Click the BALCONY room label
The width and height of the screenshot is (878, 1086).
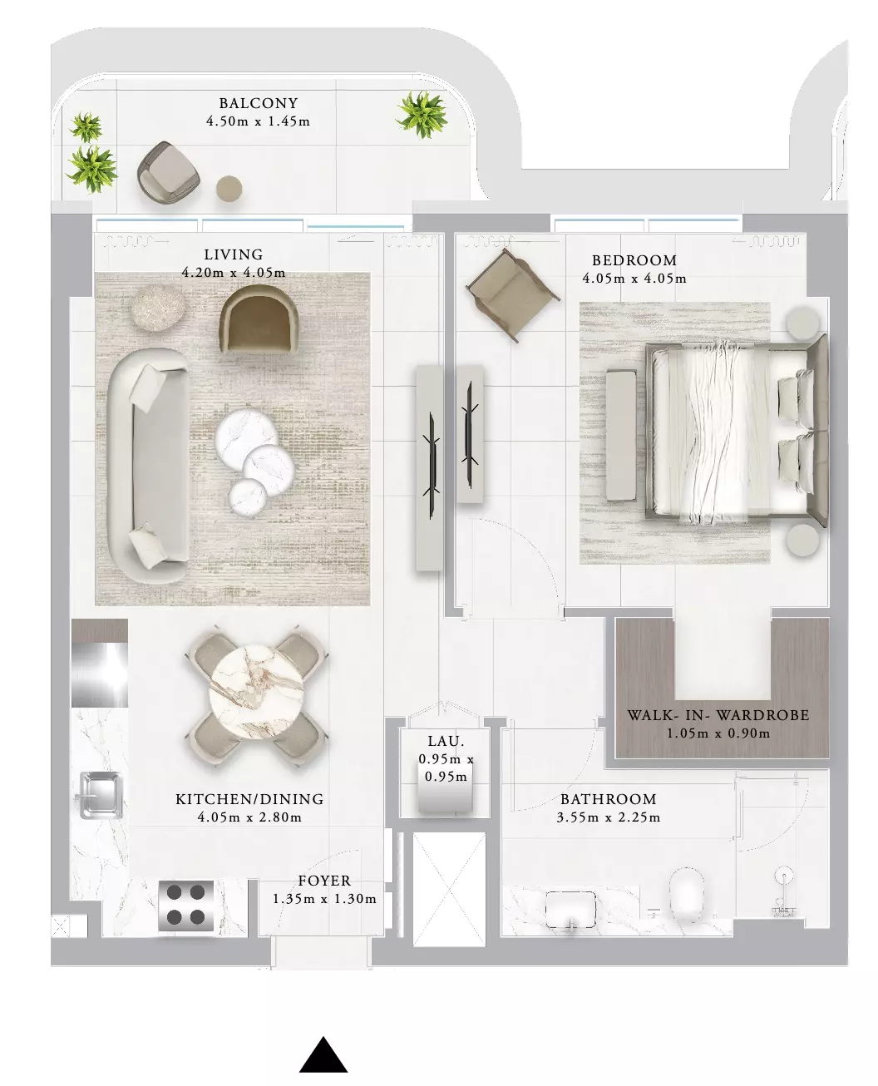pyautogui.click(x=258, y=103)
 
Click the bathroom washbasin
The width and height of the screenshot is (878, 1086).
pyautogui.click(x=570, y=910)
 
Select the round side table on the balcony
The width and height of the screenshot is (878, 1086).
pyautogui.click(x=229, y=188)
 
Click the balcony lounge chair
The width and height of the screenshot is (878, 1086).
pyautogui.click(x=168, y=172)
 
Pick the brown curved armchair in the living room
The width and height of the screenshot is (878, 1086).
pyautogui.click(x=259, y=318)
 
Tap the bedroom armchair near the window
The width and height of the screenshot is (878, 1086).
pyautogui.click(x=512, y=294)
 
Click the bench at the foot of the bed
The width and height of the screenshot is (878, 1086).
pyautogui.click(x=621, y=435)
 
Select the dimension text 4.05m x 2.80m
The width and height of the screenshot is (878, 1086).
pyautogui.click(x=249, y=817)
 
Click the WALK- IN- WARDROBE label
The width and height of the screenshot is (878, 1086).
pyautogui.click(x=718, y=715)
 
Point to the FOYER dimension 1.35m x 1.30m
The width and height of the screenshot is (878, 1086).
pyautogui.click(x=324, y=898)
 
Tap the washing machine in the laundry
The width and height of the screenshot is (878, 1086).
pyautogui.click(x=445, y=796)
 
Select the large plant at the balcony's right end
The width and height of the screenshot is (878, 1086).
pyautogui.click(x=422, y=114)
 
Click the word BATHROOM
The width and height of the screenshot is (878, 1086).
pyautogui.click(x=609, y=799)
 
